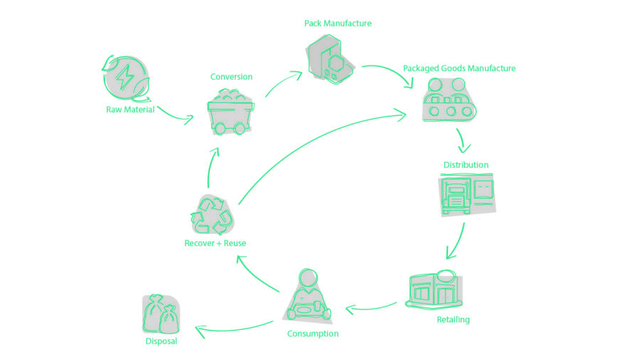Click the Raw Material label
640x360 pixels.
point(130,110)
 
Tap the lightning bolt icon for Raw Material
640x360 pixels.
point(126,76)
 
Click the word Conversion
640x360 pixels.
point(231,77)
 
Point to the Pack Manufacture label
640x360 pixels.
point(338,23)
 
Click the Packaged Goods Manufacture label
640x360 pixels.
point(459,68)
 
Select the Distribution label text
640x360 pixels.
point(466,165)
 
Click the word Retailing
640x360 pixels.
point(453,319)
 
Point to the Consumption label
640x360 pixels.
point(312,333)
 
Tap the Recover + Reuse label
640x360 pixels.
point(215,243)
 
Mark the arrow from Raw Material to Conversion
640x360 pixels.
point(174,115)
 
